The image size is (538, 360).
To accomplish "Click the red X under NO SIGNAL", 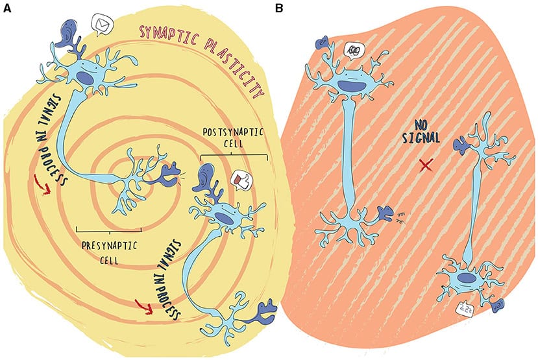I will (426, 166).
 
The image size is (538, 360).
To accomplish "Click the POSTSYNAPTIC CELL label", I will (234, 138).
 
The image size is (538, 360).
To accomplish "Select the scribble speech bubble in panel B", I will (355, 49).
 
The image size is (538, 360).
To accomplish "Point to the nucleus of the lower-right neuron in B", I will (466, 277).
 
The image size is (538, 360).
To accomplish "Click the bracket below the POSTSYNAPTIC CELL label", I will (234, 156).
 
